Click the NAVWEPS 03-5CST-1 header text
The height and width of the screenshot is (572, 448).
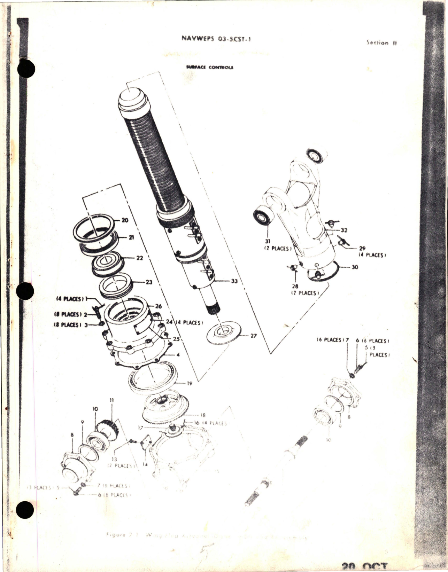[216, 39]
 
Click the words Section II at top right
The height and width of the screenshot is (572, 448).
[382, 43]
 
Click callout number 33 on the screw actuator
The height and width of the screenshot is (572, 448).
[234, 281]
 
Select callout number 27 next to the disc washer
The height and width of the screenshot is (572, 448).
[254, 336]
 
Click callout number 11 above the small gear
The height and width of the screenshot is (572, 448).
[111, 401]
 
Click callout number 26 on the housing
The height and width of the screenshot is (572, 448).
[158, 306]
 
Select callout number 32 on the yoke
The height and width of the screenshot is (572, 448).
[344, 230]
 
